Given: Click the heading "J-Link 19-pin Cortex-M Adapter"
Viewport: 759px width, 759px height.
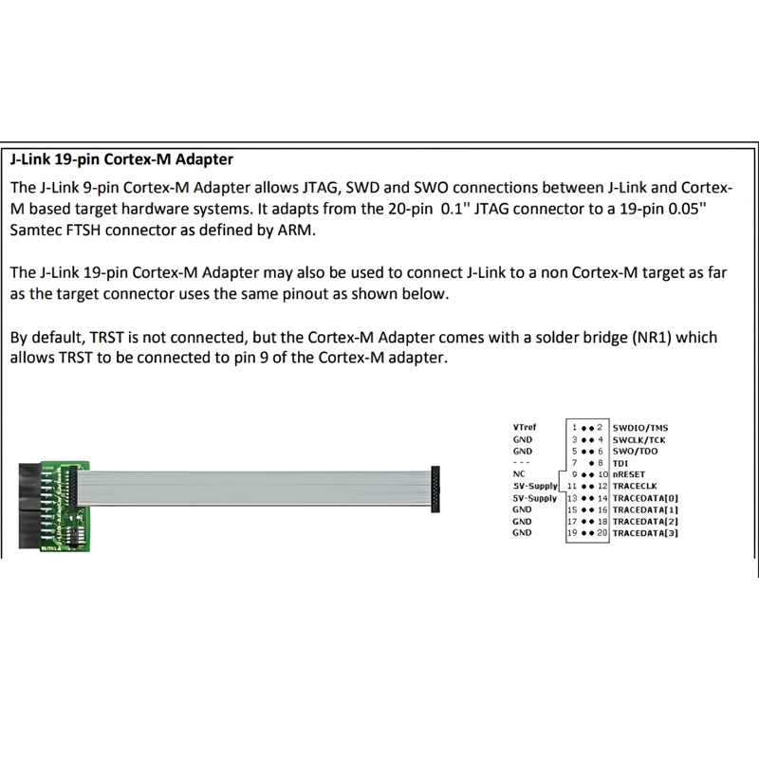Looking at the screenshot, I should (121, 159).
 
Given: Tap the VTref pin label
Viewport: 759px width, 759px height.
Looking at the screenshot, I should (524, 428).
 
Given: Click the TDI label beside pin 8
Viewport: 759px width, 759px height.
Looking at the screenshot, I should (621, 463).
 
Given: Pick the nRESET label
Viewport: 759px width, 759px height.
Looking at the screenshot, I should (631, 474).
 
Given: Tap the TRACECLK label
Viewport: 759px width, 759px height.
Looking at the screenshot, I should (637, 486).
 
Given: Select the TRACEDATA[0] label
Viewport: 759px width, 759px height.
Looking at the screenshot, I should (646, 498).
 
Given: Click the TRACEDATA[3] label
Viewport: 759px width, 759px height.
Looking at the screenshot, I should (646, 533).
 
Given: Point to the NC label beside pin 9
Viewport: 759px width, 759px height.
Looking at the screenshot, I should (518, 474).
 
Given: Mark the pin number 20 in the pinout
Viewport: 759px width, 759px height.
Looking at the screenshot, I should (602, 533).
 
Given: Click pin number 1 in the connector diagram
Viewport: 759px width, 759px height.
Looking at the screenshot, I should (574, 428).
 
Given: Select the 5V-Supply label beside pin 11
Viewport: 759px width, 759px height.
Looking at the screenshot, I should (535, 486).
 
